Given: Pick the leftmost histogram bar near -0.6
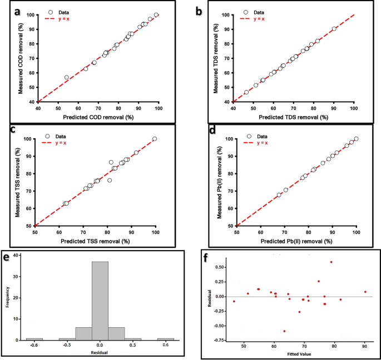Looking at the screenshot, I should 34,339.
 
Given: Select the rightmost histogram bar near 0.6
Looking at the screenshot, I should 165,339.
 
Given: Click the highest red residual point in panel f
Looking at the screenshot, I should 331,262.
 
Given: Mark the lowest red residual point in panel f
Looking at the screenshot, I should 284,331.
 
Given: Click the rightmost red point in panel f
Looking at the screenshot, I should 365,292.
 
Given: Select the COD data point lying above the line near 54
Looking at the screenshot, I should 67,77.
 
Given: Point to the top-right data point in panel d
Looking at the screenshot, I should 357,139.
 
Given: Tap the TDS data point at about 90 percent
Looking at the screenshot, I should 334,29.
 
